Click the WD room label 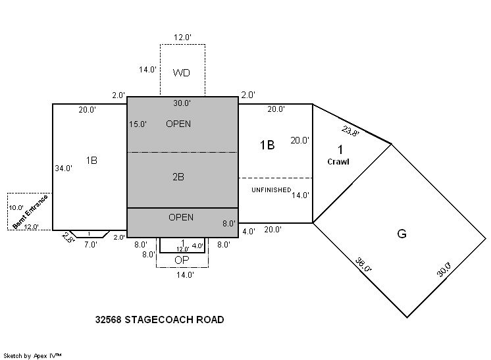pos(181,73)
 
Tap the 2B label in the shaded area pos(178,177)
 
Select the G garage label pos(401,234)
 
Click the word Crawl pos(338,161)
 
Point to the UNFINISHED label pos(271,190)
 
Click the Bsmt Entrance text pos(30,212)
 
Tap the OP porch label pos(182,260)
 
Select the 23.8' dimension pos(350,131)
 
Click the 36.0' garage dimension pos(363,265)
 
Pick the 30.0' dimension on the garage pos(444,269)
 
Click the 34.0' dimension pos(64,168)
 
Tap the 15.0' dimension pos(138,124)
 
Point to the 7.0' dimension pos(90,244)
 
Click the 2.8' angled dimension pos(68,238)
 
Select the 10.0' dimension pos(16,207)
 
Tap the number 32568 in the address pos(109,320)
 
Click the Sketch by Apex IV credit pos(32,355)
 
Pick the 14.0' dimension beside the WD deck pos(148,70)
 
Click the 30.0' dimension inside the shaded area pos(182,103)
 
